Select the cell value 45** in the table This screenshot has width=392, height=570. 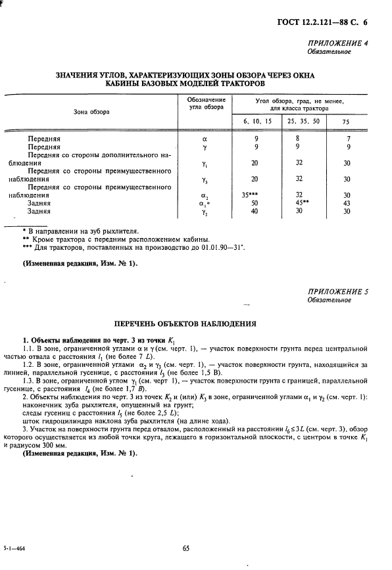pyautogui.click(x=301, y=204)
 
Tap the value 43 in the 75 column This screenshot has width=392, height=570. pyautogui.click(x=347, y=204)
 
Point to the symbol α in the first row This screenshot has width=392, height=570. pyautogui.click(x=205, y=139)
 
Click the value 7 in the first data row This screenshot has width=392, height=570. pyautogui.click(x=348, y=139)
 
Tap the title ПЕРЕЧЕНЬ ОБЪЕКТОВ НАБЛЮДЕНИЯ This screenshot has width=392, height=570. pyautogui.click(x=195, y=325)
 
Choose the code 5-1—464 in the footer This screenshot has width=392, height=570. pyautogui.click(x=19, y=548)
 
